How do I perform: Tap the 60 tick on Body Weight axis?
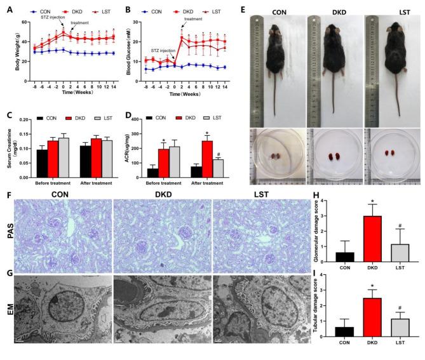24,22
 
